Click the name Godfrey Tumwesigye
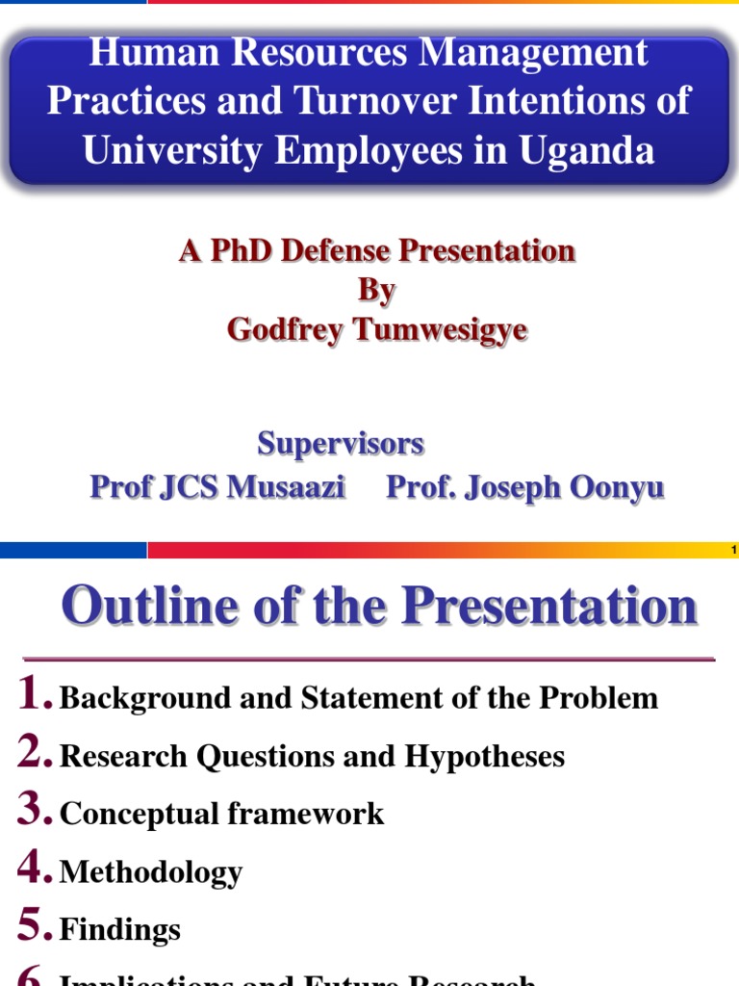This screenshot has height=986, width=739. (377, 329)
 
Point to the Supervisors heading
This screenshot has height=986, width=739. (341, 444)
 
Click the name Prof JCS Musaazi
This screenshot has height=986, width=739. (217, 487)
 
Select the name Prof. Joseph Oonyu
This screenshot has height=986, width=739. (524, 487)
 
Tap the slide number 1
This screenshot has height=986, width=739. (733, 550)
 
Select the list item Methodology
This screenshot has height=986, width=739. (151, 872)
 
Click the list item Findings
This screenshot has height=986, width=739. (120, 930)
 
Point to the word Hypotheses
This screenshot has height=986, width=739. (484, 757)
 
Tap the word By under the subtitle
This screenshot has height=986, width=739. (377, 290)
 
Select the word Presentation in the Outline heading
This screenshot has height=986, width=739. (549, 607)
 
